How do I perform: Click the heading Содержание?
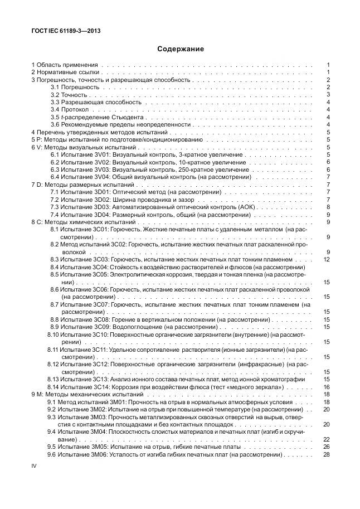pos(180,49)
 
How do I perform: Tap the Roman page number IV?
pos(33,466)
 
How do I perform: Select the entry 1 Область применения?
pos(65,65)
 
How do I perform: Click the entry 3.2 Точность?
pos(66,95)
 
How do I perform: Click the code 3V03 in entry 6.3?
pos(103,169)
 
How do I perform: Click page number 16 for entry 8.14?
pos(328,387)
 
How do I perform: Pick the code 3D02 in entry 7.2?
pos(103,200)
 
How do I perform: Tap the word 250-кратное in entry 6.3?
pos(194,169)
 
